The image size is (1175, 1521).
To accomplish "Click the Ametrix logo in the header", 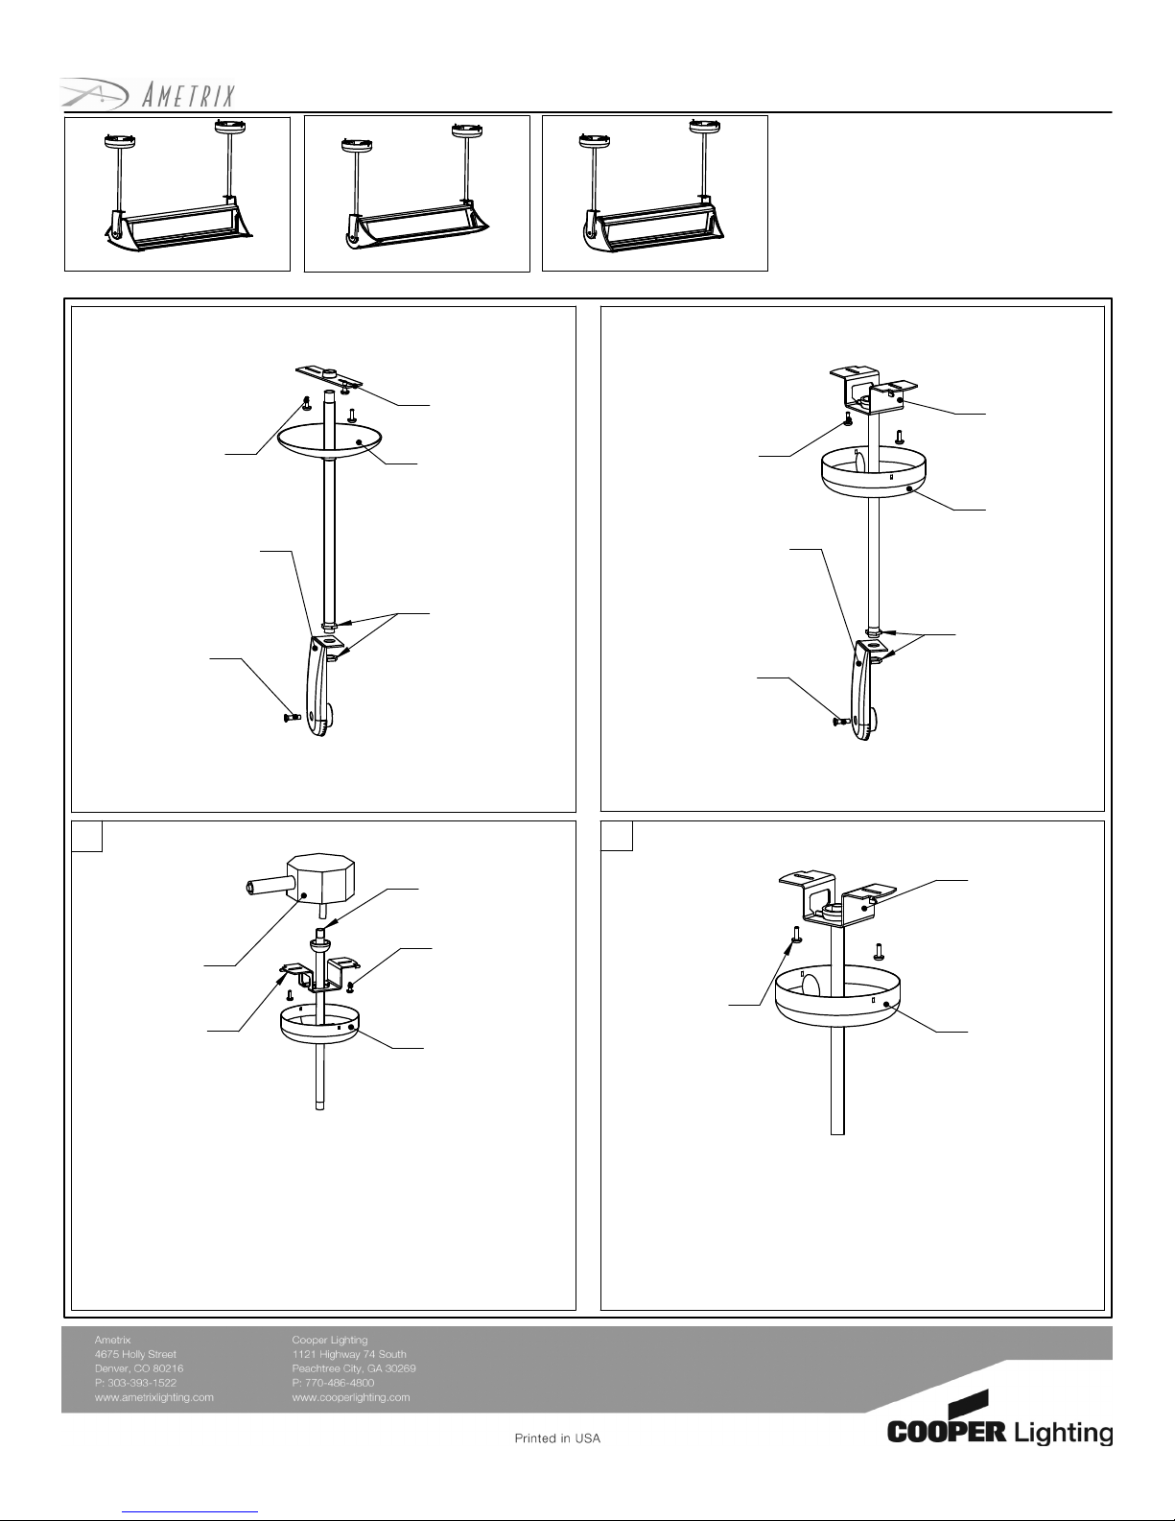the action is coord(147,94).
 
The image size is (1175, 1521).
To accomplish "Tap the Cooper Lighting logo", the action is coord(999,1417).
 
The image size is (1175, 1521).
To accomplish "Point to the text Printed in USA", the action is coord(557,1438).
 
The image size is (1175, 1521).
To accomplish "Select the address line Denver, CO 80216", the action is coord(139,1368).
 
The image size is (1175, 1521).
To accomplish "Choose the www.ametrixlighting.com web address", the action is coord(153,1397).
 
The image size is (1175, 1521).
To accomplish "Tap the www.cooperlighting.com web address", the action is coord(351,1397).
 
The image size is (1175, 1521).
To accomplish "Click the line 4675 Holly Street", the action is coord(135,1354).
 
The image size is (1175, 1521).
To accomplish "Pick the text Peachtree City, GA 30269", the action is coord(354,1368).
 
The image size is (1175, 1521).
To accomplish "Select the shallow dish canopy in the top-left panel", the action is coord(329,441).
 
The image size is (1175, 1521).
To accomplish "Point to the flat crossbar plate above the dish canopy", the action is coord(329,376).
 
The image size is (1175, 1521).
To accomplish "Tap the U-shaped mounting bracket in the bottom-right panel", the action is coord(837,898).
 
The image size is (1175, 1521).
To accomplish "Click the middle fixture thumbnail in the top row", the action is coord(417,194).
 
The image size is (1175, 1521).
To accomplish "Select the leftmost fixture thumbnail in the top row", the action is coord(176,194).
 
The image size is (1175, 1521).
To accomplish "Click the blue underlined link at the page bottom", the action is coord(190,1512).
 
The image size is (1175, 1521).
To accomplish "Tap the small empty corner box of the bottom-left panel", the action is coord(86,836).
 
